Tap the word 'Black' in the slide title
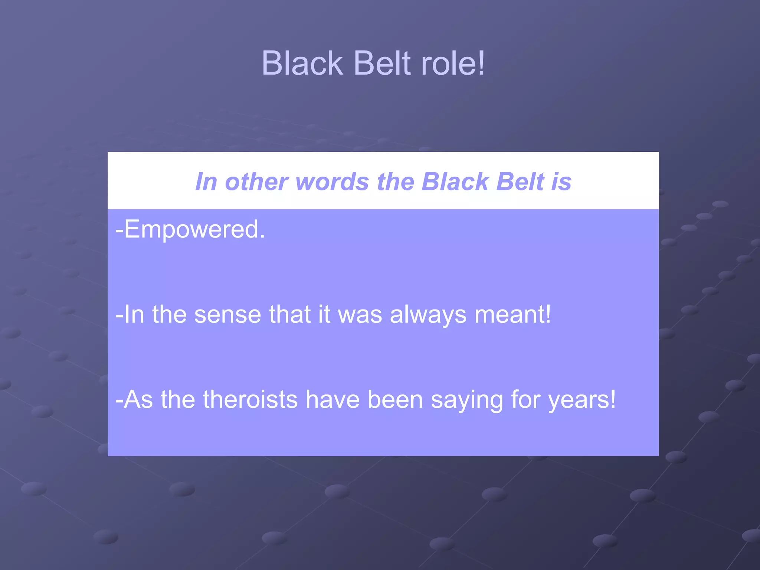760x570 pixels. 302,63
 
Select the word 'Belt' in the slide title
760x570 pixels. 383,63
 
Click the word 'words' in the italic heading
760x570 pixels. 332,182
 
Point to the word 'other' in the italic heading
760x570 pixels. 256,182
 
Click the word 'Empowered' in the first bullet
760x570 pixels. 191,230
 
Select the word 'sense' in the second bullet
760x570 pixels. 227,315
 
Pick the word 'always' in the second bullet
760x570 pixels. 428,315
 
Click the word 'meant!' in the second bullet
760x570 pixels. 513,315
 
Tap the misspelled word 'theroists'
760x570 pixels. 250,400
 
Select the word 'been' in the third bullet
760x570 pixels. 395,400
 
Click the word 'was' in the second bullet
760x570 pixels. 360,315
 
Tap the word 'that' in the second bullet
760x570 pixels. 289,315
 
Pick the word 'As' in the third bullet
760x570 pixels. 138,400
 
